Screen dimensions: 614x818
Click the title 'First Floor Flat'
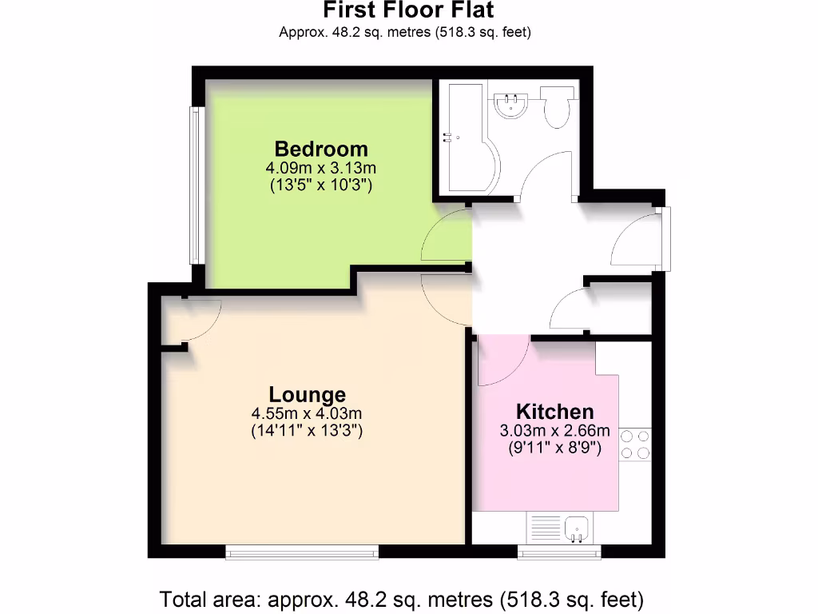(408, 10)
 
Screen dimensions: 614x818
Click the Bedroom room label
(321, 149)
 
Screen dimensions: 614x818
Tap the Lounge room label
(308, 394)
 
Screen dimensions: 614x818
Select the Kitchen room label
(555, 412)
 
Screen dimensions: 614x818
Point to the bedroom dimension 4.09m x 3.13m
(321, 169)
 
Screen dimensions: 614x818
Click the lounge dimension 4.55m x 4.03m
(308, 414)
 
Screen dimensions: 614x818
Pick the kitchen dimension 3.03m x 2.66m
(555, 432)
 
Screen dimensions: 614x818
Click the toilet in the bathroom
(557, 108)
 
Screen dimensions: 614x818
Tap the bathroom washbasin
(510, 105)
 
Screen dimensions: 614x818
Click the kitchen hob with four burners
(636, 445)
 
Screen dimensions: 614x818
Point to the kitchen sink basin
(576, 528)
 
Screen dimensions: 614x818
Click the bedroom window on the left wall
(194, 185)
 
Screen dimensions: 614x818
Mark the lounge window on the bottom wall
(302, 552)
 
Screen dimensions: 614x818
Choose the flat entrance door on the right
(639, 239)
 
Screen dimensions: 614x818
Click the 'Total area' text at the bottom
(402, 598)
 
